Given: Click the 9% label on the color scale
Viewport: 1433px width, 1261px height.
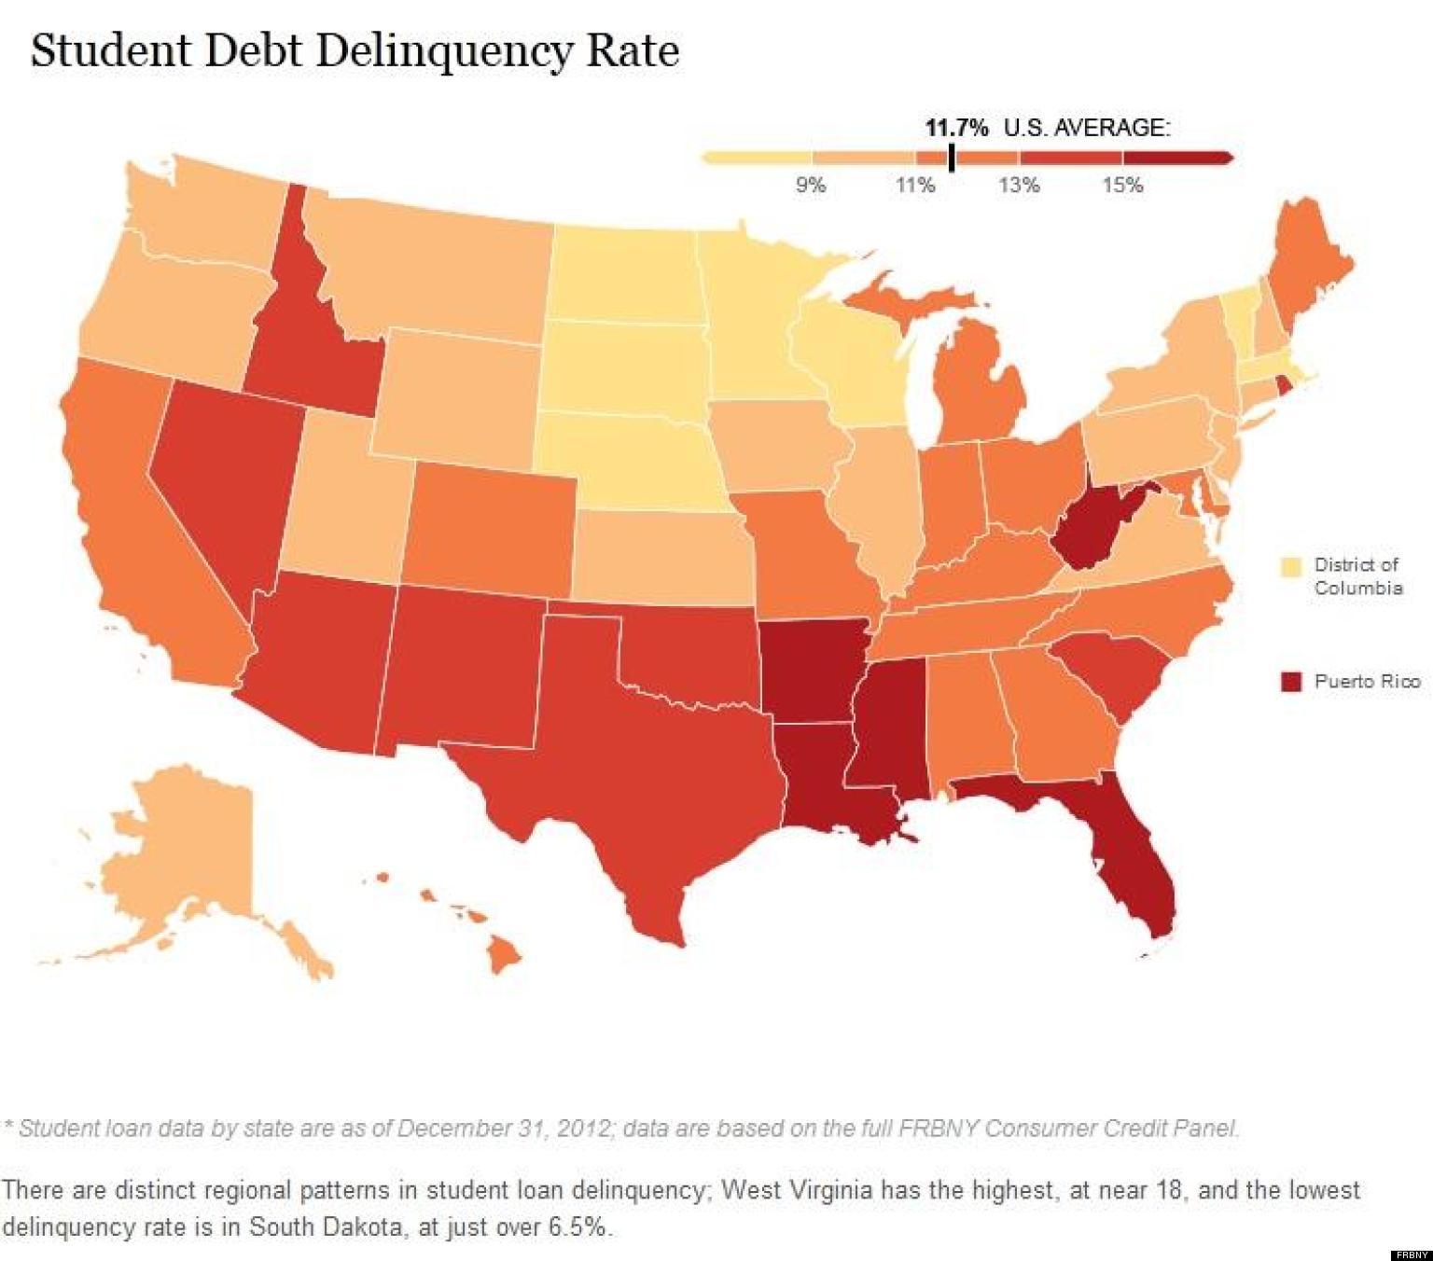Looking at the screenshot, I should pyautogui.click(x=810, y=185).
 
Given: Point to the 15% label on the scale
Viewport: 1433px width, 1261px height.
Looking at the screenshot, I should pyautogui.click(x=1121, y=185).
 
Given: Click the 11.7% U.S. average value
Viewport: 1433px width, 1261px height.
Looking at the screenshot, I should pyautogui.click(x=956, y=128).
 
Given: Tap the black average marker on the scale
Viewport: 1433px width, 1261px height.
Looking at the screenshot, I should pyautogui.click(x=951, y=157).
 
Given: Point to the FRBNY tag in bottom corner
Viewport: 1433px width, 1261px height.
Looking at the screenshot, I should pyautogui.click(x=1410, y=1254).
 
